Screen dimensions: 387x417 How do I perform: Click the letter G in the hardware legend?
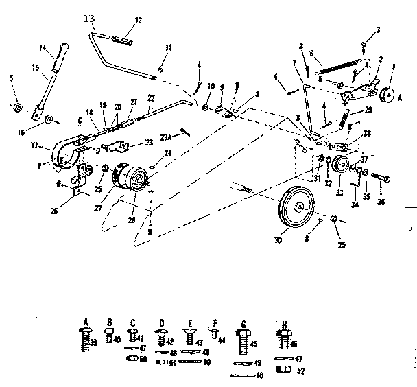click(x=243, y=321)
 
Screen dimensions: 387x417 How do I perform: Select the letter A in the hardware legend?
click(x=86, y=321)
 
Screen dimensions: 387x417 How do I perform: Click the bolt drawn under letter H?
click(x=281, y=339)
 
